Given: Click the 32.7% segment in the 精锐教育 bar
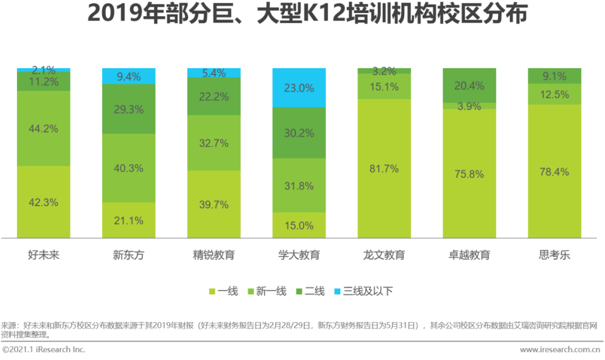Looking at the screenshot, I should click(x=214, y=143).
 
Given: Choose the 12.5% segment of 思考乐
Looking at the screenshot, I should click(x=554, y=94).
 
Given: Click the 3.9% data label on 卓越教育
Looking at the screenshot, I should click(x=469, y=106).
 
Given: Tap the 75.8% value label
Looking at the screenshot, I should click(x=469, y=174).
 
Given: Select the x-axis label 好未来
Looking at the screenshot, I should click(x=43, y=255).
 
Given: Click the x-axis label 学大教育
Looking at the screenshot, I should click(x=299, y=255).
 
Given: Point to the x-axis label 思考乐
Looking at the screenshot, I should click(x=554, y=255).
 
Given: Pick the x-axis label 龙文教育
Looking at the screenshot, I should click(x=384, y=255).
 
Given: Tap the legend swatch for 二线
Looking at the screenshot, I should click(x=298, y=291).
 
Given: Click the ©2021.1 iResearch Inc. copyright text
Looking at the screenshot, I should click(x=43, y=350).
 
